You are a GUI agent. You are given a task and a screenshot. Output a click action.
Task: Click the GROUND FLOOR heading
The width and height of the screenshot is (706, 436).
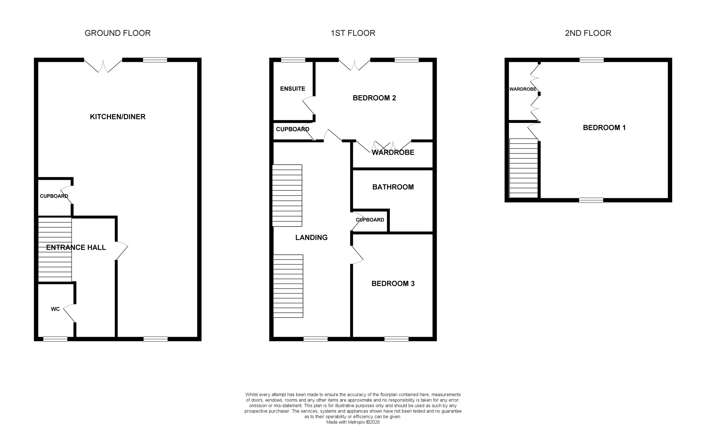click(x=117, y=33)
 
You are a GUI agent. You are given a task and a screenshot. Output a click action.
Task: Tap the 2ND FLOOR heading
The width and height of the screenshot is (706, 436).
click(x=588, y=33)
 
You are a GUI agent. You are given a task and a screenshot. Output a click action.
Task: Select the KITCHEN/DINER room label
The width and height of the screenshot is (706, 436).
click(x=117, y=117)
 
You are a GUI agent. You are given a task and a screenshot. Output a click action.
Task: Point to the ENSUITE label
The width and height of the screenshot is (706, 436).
click(x=292, y=89)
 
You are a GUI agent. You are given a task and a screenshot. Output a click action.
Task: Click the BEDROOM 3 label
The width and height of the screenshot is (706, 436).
click(x=393, y=284)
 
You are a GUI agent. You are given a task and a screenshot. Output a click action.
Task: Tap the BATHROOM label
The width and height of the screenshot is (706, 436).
click(x=393, y=187)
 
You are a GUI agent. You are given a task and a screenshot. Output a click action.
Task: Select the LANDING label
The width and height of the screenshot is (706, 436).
click(x=311, y=238)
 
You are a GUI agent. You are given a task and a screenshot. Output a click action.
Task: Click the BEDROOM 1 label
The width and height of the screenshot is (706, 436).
click(x=604, y=128)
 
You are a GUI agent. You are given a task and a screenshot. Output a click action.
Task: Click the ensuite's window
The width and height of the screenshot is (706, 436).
click(x=293, y=60)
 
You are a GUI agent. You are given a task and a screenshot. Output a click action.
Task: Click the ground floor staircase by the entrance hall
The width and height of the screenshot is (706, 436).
click(x=55, y=250)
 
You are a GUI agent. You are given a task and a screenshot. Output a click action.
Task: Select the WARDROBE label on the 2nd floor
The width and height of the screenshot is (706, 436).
click(x=523, y=89)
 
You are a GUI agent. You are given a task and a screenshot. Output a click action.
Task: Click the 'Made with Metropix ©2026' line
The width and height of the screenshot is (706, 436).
click(x=353, y=422)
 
